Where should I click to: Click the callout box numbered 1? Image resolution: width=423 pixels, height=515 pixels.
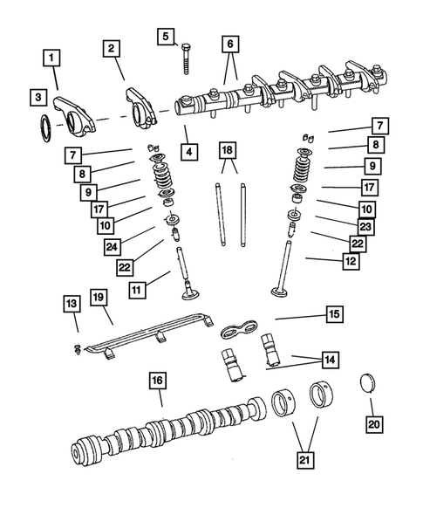click(x=54, y=59)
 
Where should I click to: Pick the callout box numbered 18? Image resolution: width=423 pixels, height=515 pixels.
click(x=227, y=151)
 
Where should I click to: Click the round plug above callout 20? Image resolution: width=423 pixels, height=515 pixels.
click(x=370, y=384)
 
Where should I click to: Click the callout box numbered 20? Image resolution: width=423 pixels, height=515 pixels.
click(x=373, y=424)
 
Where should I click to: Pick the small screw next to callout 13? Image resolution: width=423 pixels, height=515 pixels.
click(x=77, y=350)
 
